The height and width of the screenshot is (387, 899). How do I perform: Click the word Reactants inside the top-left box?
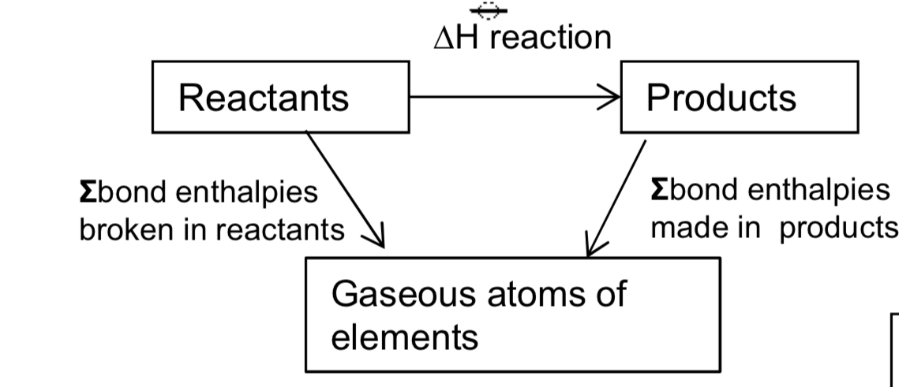(x=263, y=99)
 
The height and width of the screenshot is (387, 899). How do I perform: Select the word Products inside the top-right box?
(x=721, y=98)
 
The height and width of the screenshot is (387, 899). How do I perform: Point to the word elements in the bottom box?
(x=404, y=337)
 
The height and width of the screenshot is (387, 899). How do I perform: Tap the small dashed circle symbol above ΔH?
(x=488, y=9)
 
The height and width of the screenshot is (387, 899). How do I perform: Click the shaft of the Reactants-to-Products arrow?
(x=505, y=99)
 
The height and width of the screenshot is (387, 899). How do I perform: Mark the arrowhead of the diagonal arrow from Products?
(x=592, y=245)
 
